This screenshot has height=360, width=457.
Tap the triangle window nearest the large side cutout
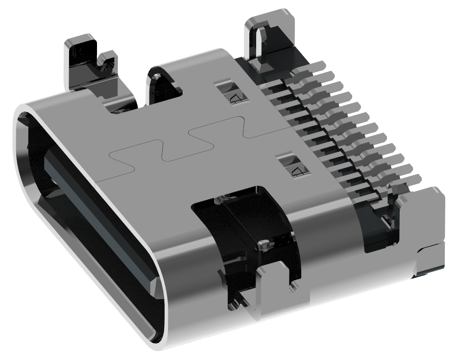[296, 167]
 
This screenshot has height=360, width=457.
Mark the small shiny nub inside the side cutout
[263, 243]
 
